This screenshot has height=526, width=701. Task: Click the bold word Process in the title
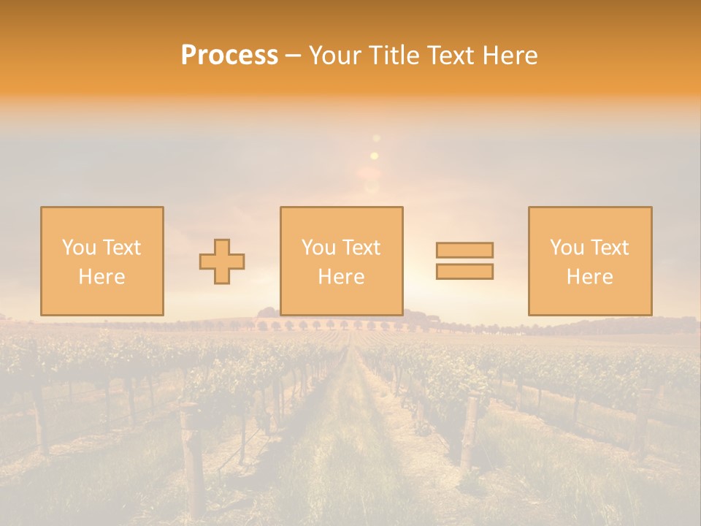point(229,56)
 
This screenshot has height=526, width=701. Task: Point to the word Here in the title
point(510,56)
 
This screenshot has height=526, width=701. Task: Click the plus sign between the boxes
point(222,262)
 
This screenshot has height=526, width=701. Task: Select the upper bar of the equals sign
point(464,250)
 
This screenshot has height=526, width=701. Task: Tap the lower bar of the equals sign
point(464,271)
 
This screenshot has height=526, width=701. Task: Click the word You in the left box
point(79,248)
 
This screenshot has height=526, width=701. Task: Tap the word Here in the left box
point(101,277)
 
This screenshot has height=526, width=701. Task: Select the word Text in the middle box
point(361,248)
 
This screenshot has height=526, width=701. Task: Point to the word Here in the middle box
point(341,277)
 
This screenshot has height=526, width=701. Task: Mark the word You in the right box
point(567,248)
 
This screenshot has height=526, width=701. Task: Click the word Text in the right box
point(610,248)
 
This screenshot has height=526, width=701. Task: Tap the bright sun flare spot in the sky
point(375,156)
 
